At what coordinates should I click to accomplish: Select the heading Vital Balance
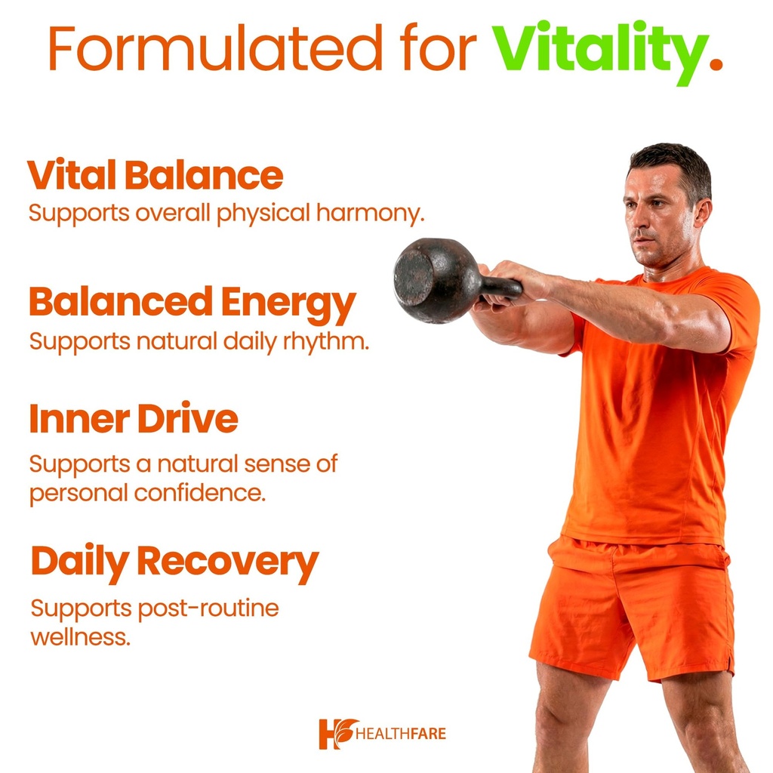155,175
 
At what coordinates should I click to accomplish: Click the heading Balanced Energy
192,303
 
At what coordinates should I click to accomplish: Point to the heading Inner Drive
134,420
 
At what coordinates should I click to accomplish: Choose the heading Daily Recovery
174,562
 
